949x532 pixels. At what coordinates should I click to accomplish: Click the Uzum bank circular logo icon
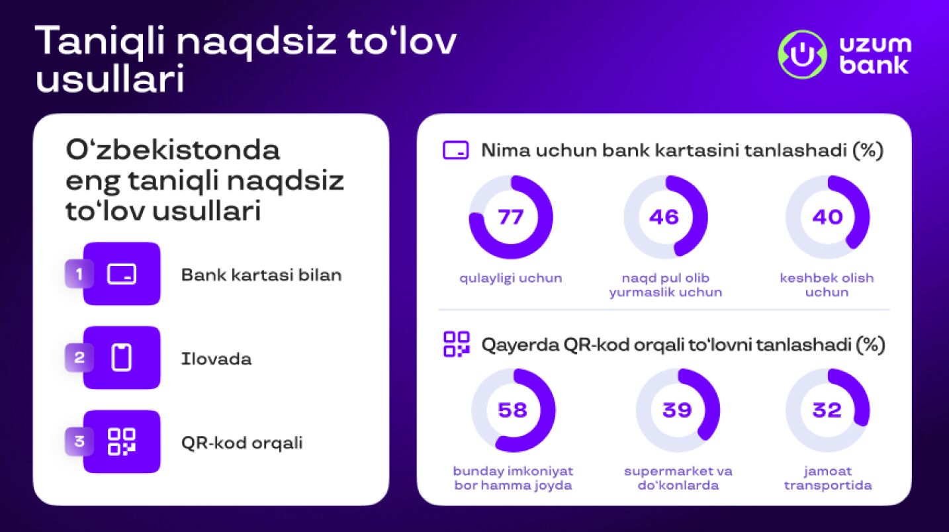coord(802,54)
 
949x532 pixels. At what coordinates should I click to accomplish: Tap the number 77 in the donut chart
coord(510,217)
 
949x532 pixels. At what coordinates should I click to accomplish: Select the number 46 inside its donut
coord(664,217)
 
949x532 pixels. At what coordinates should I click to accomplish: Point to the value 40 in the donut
coord(827,217)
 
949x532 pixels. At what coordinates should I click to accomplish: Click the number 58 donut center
coord(513,410)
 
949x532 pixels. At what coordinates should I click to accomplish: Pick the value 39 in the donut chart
coord(677,410)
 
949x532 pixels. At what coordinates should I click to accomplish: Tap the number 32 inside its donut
coord(827,410)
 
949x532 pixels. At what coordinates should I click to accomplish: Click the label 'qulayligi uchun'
coord(511,279)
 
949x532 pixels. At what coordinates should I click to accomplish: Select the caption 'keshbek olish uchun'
coord(827,285)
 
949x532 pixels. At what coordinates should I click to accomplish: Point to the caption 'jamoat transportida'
coord(828,478)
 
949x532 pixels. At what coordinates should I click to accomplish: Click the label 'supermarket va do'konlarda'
coord(678,478)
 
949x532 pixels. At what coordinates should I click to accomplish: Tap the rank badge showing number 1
coord(79,275)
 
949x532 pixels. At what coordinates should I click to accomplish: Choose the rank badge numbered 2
coord(79,358)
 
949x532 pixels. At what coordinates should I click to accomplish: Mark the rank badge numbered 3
coord(79,442)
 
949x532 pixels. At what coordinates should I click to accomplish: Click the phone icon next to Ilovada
coord(122,358)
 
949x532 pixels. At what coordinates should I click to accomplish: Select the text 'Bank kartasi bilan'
coord(261,275)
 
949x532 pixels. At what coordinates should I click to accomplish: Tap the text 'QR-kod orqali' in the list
coord(242,443)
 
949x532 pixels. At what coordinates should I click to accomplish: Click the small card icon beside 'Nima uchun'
coord(455,150)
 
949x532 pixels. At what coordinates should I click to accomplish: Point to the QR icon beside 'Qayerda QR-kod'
coord(456,344)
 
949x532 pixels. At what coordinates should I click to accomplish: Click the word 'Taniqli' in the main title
coord(99,41)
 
